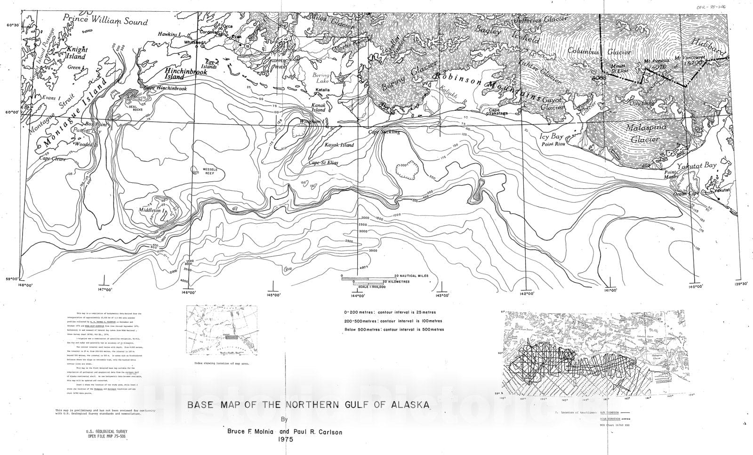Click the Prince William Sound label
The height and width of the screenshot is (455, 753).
pyautogui.click(x=107, y=21)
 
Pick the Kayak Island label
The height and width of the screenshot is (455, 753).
pyautogui.click(x=339, y=145)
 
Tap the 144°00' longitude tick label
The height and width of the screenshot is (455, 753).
pyautogui.click(x=358, y=296)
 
